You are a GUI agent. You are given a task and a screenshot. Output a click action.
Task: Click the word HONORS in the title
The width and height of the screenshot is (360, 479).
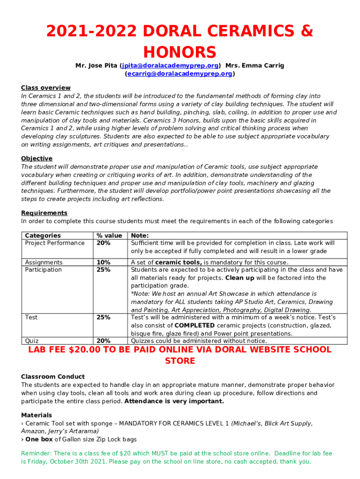(180, 52)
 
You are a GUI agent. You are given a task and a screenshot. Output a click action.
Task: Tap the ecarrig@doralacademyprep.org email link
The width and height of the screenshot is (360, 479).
(179, 74)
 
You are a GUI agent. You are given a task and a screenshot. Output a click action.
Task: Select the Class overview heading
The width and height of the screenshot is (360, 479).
(46, 88)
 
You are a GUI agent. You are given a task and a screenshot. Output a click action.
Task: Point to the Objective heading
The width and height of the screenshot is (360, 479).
(36, 159)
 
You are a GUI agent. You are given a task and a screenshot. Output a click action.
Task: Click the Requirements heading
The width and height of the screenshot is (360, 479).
(44, 213)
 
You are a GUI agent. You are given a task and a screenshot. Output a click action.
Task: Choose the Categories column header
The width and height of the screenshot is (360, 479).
(43, 236)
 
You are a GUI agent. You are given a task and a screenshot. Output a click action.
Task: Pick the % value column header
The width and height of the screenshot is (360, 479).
(109, 236)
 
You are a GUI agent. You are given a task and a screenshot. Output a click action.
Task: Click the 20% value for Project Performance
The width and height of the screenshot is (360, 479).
(103, 243)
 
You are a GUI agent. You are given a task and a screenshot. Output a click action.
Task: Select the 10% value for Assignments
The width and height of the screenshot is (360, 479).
(103, 262)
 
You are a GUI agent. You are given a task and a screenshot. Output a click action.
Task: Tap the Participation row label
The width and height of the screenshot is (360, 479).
(43, 270)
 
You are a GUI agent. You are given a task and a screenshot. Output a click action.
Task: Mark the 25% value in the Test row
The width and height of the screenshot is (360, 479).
(103, 317)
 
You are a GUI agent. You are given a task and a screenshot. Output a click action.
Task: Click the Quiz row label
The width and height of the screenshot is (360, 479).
(32, 341)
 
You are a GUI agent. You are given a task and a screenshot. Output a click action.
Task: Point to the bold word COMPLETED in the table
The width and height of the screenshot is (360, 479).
(194, 326)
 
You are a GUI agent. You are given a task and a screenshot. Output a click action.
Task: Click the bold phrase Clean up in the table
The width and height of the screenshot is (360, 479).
(239, 278)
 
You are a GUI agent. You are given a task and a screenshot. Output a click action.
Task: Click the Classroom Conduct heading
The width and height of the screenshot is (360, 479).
(53, 377)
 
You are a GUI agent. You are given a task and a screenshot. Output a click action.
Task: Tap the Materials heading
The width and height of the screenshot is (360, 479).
(36, 415)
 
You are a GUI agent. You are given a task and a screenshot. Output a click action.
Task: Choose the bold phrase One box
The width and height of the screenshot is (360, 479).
(39, 439)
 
